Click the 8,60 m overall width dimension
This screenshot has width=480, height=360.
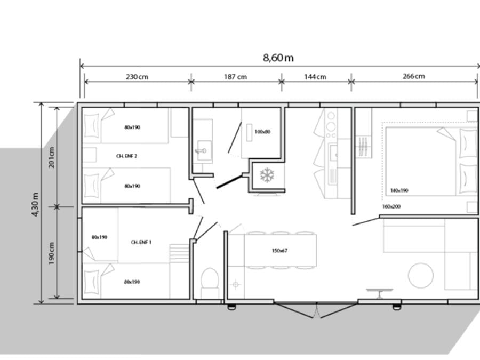[278, 58]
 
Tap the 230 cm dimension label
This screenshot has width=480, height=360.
[137, 76]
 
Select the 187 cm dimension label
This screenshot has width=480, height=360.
[235, 76]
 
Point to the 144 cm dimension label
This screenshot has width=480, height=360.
[315, 76]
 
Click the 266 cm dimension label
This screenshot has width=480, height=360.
[413, 76]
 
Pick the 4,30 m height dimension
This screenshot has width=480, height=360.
[36, 204]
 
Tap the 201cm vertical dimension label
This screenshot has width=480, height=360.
[51, 157]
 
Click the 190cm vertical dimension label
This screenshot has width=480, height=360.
[51, 253]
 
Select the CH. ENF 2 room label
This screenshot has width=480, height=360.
[126, 156]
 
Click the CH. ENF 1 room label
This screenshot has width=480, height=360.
[141, 242]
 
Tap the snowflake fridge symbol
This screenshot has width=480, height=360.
[267, 175]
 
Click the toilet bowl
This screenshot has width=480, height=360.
[210, 278]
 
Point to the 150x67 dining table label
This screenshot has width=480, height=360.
[279, 251]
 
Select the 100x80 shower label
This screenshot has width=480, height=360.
[262, 132]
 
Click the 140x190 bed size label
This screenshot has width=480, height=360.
[399, 190]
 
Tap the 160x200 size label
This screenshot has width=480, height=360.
[391, 206]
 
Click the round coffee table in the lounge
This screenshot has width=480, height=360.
[421, 276]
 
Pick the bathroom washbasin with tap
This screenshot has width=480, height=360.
[204, 150]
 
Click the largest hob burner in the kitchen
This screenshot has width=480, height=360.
[331, 126]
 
